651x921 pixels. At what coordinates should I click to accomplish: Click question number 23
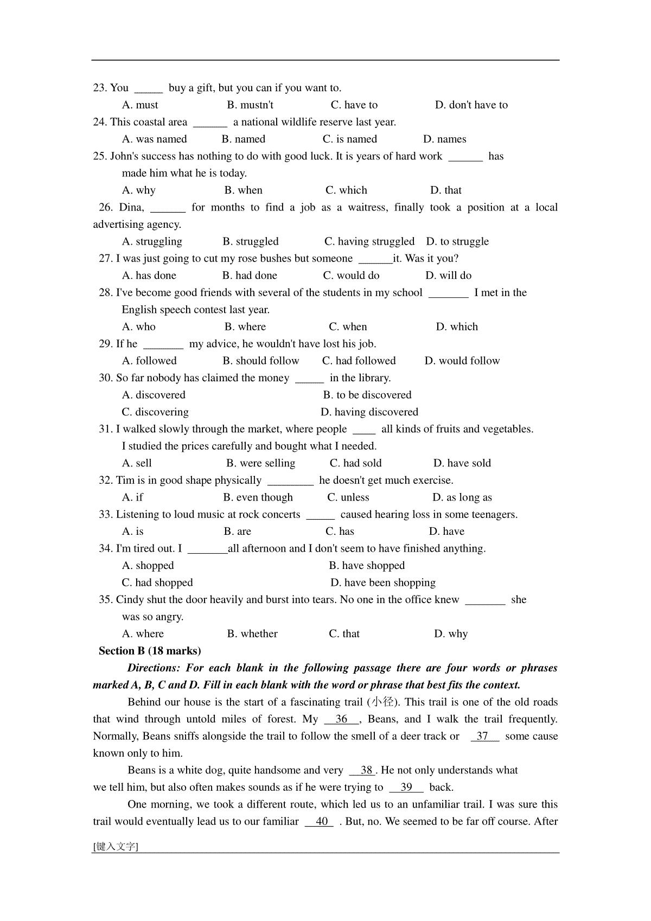100,88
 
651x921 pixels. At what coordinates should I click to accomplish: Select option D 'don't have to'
471,105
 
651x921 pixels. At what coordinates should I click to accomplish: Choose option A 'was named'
154,139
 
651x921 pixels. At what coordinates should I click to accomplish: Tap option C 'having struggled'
369,241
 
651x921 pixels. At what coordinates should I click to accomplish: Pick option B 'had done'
250,276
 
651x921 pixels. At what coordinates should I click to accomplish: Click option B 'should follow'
260,361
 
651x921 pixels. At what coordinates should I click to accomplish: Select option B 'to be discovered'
367,395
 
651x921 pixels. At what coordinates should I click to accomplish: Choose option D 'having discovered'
369,412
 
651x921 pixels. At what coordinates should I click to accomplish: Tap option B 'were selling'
260,463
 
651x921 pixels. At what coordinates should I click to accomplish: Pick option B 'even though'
258,497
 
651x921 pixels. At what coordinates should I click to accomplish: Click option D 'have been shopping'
383,583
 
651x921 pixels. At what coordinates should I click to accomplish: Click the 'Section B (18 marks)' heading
150,651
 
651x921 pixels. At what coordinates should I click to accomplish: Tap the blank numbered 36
342,719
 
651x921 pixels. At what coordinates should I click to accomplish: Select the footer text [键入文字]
116,846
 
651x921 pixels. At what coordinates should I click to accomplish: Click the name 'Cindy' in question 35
130,599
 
